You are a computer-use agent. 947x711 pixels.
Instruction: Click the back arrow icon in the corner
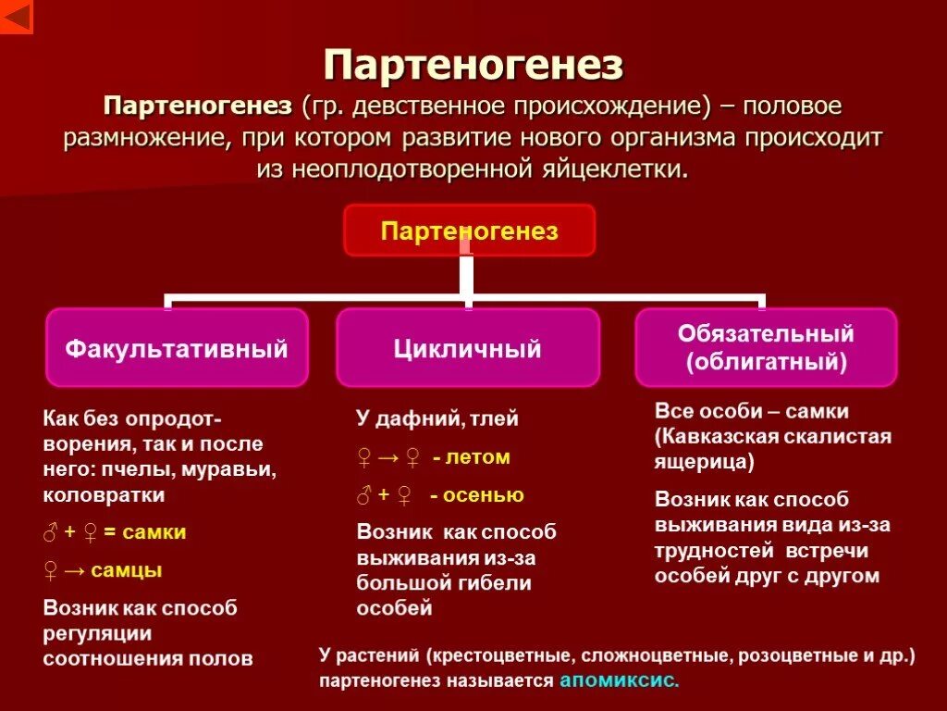click(17, 17)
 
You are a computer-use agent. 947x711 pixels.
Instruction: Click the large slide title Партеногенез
click(473, 66)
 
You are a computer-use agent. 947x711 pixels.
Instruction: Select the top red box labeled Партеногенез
click(470, 231)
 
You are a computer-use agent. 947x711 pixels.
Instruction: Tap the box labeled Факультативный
click(177, 348)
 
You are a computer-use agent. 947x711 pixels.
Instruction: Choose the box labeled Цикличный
click(467, 348)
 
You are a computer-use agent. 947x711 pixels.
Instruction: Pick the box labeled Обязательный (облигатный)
click(766, 347)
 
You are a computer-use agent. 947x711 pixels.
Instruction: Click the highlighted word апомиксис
click(618, 680)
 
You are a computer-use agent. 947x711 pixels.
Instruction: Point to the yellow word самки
click(154, 532)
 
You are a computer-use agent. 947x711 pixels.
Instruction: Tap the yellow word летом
click(477, 457)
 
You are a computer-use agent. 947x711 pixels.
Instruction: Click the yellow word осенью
click(484, 495)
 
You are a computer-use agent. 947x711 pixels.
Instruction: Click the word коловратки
click(105, 495)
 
